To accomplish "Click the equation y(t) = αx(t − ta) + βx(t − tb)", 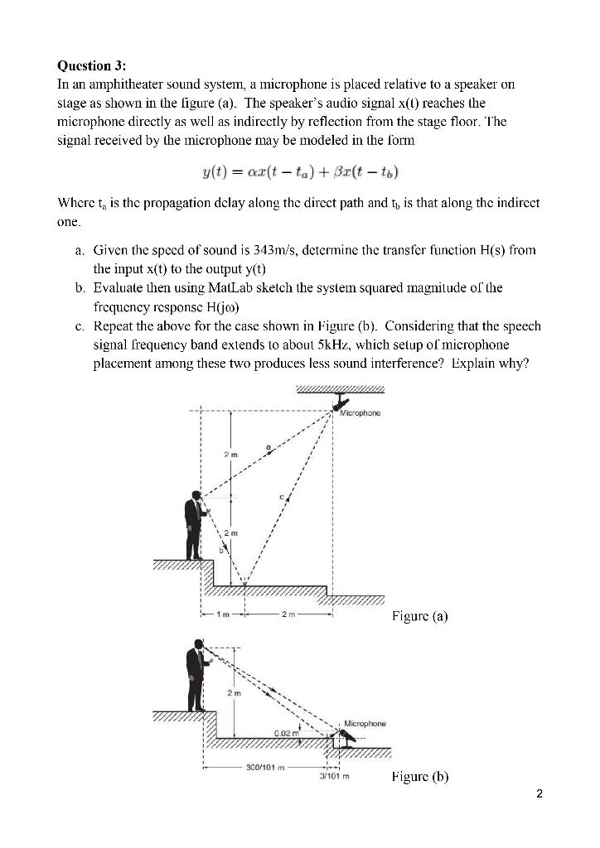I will (299, 171).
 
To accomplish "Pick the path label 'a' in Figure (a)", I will (267, 446).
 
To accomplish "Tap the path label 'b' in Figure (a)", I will (220, 548).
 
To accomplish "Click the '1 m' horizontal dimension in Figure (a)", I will (222, 614).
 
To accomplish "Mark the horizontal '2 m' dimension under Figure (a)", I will (288, 614).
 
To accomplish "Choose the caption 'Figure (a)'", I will (419, 617).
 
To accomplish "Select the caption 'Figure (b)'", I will (420, 777).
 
